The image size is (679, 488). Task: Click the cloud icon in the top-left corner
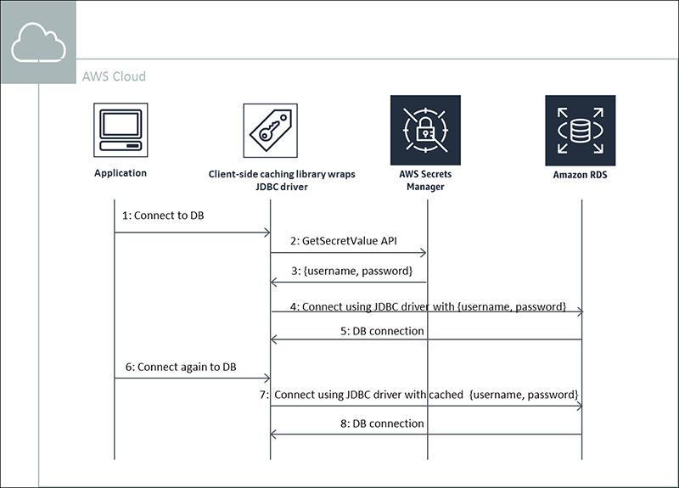[x=38, y=43]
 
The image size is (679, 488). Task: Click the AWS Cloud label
[x=114, y=76]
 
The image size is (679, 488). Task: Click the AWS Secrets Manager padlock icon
[x=425, y=130]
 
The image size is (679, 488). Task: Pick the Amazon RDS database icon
[x=581, y=130]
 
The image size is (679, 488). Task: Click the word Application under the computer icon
[x=121, y=173]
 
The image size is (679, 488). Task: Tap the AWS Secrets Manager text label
[x=425, y=180]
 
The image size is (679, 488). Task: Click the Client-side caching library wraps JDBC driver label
[x=282, y=180]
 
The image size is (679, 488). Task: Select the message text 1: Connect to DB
[x=163, y=216]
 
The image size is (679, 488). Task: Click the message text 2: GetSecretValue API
[x=350, y=241]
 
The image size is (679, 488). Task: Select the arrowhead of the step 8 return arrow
[x=274, y=435]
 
